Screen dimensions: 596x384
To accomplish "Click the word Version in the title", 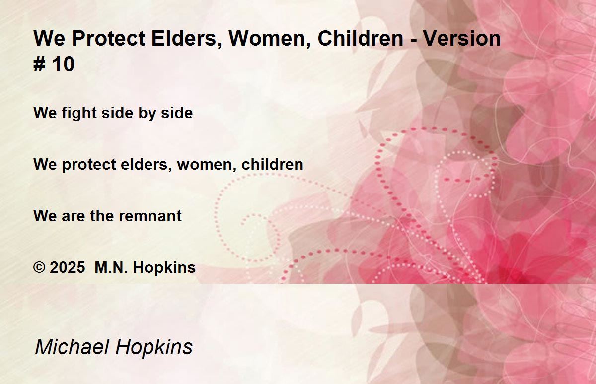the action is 462,39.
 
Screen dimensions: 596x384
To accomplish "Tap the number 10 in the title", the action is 63,64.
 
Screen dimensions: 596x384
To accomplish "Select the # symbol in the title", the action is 39,64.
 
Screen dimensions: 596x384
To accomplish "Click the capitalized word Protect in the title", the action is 109,39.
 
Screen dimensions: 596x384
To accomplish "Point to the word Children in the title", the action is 361,39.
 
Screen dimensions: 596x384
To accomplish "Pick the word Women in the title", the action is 269,39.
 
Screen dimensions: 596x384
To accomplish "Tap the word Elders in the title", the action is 186,39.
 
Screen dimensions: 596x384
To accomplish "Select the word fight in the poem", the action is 79,113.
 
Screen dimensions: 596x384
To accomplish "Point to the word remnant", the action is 150,216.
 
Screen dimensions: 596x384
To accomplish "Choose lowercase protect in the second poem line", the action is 89,165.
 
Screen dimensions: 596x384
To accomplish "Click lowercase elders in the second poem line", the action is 146,165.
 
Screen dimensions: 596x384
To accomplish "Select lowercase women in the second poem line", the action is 207,165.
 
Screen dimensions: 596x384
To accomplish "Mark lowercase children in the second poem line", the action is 273,164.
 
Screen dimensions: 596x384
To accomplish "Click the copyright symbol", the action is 39,267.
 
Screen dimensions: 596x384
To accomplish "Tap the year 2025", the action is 68,267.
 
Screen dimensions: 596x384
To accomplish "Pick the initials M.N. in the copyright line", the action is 111,267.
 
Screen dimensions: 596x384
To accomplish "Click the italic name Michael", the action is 72,347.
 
